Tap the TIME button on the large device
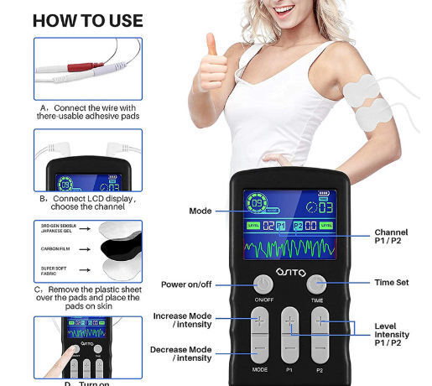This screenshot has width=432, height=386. pyautogui.click(x=316, y=283)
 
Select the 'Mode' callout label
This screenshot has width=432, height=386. pyautogui.click(x=200, y=211)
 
